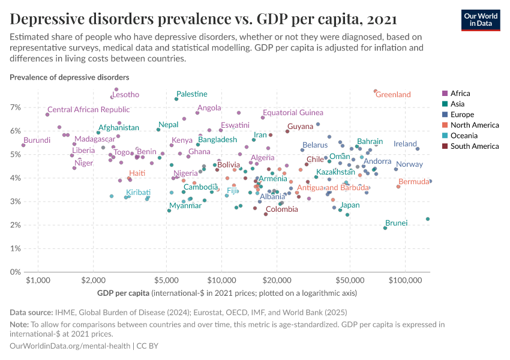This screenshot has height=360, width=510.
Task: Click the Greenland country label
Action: click(393, 95)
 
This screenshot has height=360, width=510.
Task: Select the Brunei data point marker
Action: click(385, 228)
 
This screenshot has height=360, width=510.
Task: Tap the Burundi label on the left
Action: click(37, 140)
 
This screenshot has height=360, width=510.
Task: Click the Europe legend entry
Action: click(462, 115)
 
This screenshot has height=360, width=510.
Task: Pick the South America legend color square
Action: click(445, 146)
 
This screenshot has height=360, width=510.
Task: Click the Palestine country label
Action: click(192, 94)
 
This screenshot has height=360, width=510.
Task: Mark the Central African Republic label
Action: click(88, 110)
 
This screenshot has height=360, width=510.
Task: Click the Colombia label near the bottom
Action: click(281, 209)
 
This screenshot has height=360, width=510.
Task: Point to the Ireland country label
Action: click(405, 144)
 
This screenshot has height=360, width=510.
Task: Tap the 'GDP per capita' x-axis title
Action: click(123, 294)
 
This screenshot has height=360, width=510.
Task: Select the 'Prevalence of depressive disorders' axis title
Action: click(69, 77)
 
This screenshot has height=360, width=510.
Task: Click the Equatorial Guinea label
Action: click(293, 113)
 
